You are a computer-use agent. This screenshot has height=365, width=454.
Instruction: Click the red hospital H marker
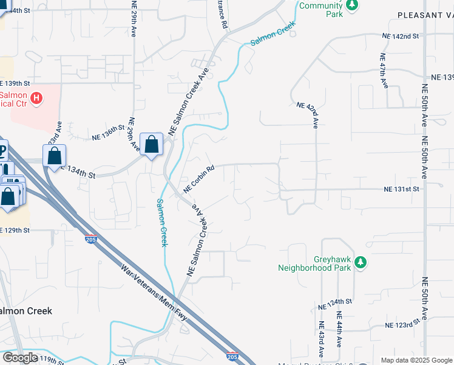point(36,97)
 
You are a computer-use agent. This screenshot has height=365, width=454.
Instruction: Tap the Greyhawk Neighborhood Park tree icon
point(361,262)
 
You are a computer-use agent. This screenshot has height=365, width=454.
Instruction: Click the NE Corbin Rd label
point(199,180)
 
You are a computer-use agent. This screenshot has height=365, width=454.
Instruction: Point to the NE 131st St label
point(401,189)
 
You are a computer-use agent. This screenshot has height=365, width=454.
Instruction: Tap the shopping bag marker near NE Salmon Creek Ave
point(152,145)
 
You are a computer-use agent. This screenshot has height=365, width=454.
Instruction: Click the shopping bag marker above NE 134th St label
point(55,155)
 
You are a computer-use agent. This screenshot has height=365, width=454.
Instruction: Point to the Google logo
point(20,358)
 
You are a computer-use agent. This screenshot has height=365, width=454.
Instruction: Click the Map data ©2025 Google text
point(416,360)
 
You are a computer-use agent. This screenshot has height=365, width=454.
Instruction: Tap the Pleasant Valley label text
point(425,15)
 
